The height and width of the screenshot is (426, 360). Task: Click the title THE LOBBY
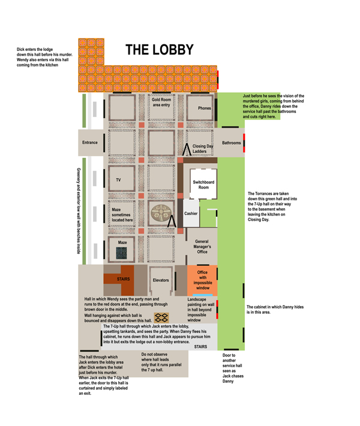[160, 50]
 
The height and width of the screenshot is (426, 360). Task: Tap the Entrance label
[90, 142]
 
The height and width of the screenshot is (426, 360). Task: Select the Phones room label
[205, 108]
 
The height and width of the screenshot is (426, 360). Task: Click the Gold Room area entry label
[161, 102]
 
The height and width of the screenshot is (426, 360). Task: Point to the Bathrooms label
[232, 143]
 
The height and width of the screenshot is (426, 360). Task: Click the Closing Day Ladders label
[203, 149]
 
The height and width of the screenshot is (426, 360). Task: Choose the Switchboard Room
[203, 184]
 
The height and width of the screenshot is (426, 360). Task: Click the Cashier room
[191, 213]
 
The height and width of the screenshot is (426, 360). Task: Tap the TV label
[118, 180]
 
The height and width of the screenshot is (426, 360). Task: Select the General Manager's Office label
[202, 247]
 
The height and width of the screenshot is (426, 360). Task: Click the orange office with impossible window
[202, 280]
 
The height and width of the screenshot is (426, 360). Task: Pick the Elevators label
[161, 280]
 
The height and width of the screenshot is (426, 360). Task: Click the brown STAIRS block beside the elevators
[123, 279]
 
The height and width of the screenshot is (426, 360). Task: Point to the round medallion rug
[161, 213]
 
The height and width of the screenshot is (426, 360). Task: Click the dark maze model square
[121, 253]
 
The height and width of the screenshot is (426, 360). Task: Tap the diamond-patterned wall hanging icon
[161, 317]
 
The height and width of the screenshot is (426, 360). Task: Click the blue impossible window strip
[203, 295]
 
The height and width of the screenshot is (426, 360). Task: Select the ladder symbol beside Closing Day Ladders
[187, 149]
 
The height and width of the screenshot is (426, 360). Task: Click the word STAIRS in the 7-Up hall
[200, 347]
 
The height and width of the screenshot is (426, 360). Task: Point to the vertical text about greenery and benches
[79, 211]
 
